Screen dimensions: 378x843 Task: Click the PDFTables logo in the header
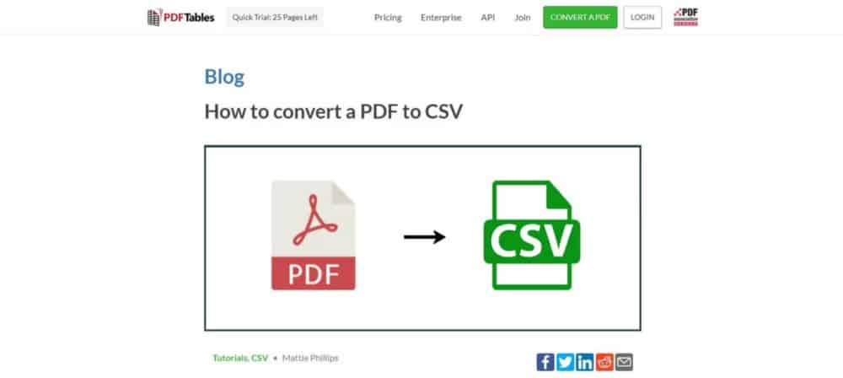180,17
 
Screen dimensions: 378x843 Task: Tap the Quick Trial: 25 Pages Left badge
275,17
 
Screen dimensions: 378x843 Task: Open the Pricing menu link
388,17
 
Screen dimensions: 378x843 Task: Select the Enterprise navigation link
441,17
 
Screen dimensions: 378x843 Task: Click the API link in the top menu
488,17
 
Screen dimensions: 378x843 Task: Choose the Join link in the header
522,17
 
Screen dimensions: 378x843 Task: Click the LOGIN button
642,17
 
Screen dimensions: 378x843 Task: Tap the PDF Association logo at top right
687,17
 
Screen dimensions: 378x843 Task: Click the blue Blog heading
224,78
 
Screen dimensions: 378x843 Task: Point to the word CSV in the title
444,111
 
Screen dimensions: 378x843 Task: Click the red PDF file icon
313,235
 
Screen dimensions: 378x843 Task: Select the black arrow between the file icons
424,237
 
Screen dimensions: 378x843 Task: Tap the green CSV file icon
530,235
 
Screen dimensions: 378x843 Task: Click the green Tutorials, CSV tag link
240,358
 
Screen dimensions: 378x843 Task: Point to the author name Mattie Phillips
310,358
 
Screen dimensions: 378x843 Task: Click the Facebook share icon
545,362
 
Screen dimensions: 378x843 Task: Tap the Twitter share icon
565,362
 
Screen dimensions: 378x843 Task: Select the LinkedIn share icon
584,362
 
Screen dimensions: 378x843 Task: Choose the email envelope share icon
624,362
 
